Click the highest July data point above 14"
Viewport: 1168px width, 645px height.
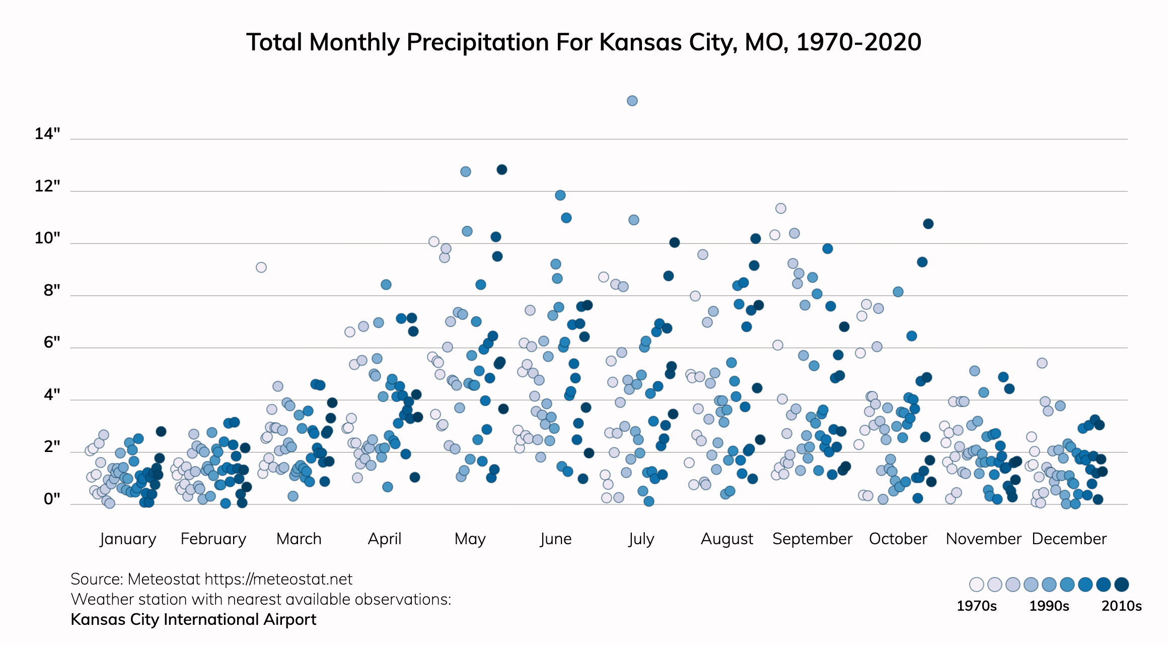[x=632, y=101]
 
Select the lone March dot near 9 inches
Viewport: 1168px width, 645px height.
[x=261, y=267]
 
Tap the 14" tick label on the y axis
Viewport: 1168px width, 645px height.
[x=47, y=134]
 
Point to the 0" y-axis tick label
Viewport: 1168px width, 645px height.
[x=52, y=499]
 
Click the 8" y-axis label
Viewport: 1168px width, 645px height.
[x=52, y=291]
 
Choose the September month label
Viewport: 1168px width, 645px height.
[x=812, y=539]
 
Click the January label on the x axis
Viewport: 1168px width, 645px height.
[x=128, y=539]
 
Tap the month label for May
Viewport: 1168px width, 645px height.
[x=470, y=539]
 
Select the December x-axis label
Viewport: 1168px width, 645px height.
[x=1069, y=539]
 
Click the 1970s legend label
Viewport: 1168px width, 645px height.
[x=976, y=606]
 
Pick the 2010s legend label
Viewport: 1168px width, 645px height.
[x=1121, y=606]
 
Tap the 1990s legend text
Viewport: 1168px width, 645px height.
[x=1049, y=606]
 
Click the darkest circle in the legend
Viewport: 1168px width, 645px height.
[x=1121, y=585]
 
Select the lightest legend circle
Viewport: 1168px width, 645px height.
[x=977, y=585]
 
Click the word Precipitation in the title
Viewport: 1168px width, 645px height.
[x=476, y=42]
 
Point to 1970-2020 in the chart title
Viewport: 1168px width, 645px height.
[x=858, y=42]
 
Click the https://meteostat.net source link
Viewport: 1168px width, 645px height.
[x=278, y=579]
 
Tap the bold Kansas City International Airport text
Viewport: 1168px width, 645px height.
[x=193, y=619]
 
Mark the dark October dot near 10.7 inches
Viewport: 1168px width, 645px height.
[x=928, y=224]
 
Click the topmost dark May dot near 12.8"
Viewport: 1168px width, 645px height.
[x=502, y=170]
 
